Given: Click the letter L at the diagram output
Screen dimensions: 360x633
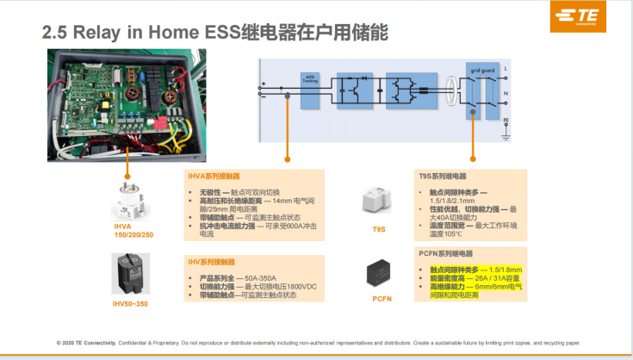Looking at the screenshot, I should coord(506,68).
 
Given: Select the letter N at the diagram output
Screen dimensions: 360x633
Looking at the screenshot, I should coord(506,92).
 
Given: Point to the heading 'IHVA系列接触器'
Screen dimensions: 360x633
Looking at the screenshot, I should coord(214,175).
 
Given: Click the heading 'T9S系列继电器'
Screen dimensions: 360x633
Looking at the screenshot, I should coord(444,175).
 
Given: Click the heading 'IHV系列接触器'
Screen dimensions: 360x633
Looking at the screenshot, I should coord(212,261).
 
